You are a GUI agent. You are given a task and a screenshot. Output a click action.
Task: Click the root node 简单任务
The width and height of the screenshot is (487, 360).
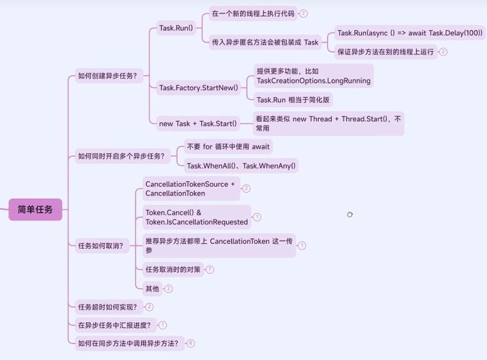pos(35,209)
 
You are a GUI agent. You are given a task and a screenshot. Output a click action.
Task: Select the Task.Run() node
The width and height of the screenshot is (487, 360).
pos(176,28)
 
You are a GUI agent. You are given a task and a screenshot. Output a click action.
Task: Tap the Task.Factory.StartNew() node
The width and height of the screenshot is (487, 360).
pos(199,87)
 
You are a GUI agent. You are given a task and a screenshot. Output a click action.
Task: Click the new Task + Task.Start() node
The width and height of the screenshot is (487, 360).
pos(198,123)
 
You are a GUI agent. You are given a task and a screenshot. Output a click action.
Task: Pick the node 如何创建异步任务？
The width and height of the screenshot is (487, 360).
pos(107,76)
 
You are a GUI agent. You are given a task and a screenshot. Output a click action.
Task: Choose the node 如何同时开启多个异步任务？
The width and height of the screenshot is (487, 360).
pos(121,156)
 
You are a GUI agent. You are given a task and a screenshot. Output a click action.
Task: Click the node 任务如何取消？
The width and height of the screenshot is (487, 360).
pos(100,246)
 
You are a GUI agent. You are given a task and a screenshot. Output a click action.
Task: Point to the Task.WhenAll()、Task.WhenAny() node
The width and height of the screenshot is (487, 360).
pos(241,165)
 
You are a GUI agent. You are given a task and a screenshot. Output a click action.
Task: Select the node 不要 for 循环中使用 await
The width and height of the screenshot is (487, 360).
pos(228,147)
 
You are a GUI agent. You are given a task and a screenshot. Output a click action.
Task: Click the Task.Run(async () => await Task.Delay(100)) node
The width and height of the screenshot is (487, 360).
pos(410,33)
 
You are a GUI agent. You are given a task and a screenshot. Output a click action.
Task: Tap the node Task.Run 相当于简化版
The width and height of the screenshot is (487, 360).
pos(293,100)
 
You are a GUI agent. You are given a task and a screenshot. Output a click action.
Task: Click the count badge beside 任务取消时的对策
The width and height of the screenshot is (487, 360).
pos(210,270)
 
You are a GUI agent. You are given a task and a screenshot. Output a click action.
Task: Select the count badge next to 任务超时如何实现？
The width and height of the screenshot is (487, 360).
pos(149,307)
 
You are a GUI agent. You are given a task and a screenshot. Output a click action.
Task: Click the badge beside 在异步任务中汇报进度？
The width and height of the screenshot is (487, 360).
pos(163,325)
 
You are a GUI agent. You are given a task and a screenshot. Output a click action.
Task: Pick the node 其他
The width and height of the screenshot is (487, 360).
pos(152,288)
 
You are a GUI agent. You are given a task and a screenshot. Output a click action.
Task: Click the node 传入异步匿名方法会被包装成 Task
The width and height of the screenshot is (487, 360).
pos(265,42)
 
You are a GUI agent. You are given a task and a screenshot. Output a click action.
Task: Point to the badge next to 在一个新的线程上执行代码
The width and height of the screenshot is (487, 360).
pos(303,14)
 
